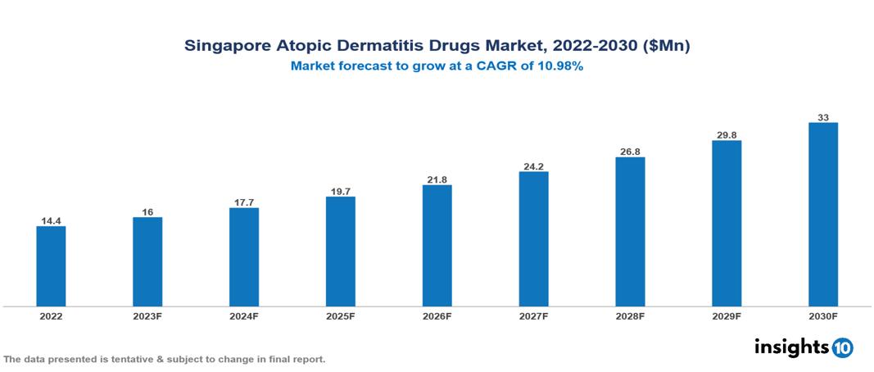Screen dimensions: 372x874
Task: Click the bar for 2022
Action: click(x=51, y=266)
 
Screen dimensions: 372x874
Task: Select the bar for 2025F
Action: click(x=340, y=252)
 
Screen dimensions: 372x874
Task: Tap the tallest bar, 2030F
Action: click(x=823, y=215)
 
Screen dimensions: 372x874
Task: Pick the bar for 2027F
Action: click(x=533, y=239)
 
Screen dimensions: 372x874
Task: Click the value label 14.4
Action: click(x=51, y=220)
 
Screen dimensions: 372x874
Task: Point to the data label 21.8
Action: click(x=437, y=179)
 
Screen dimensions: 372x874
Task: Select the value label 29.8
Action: click(x=727, y=134)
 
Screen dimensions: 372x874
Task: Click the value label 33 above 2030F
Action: click(x=823, y=117)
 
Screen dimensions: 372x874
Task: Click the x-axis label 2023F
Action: click(x=147, y=316)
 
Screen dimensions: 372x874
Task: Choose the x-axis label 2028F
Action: click(x=630, y=316)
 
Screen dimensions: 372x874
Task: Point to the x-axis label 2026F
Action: click(x=437, y=316)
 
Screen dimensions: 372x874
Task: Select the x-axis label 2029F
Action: click(x=727, y=316)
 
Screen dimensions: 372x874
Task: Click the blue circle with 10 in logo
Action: click(x=842, y=347)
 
